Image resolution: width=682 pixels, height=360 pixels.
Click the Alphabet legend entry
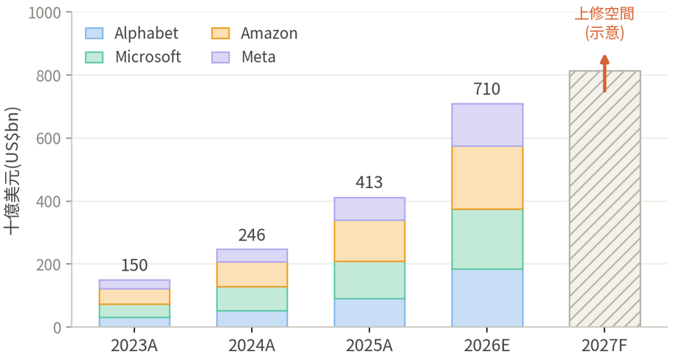coord(132,33)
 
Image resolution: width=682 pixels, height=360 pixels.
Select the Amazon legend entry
coord(255,33)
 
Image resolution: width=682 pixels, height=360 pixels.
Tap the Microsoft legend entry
coord(133,57)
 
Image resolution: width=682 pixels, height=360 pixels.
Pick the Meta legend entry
coord(244,57)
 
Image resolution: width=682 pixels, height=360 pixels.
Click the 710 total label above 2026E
coord(487,89)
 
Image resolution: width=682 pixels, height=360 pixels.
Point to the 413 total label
coord(369,183)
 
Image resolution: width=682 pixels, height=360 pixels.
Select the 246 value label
coord(252,235)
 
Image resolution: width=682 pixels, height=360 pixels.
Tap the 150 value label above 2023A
coord(134,266)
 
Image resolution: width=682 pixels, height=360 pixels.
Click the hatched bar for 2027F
coord(605,198)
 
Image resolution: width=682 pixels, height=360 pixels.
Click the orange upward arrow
coord(604,74)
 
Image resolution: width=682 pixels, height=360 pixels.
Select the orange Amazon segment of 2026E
coord(487,178)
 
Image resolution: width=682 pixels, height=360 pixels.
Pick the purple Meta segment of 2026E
coord(487,125)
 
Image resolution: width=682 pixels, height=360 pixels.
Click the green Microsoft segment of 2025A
coord(369,280)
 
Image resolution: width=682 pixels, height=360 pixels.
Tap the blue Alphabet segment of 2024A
coord(252,319)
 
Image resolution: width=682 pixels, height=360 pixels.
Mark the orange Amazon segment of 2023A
coord(134,297)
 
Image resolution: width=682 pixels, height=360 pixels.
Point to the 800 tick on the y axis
coord(49,76)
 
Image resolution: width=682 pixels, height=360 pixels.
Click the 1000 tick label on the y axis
coord(44,13)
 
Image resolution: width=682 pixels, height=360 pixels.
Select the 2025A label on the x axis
coord(369,346)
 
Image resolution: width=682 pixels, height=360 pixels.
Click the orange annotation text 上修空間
coord(604,13)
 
